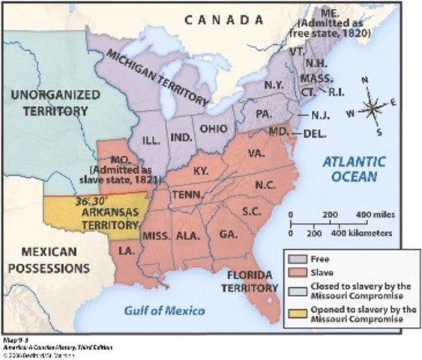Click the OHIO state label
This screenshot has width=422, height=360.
click(212, 127)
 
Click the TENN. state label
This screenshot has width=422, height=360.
click(184, 194)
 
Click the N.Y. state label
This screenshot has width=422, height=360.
click(272, 86)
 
